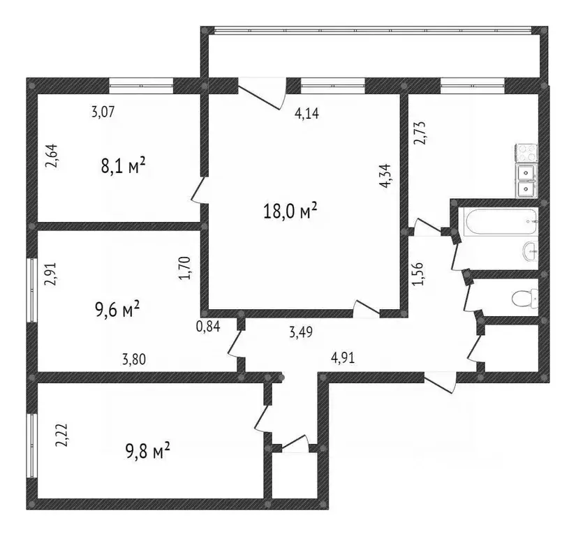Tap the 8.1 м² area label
coord(123,166)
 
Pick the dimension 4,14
coord(308,114)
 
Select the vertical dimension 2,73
coord(420,132)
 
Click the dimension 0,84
coord(207,326)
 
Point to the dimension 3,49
coord(300,332)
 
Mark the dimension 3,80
coord(134,359)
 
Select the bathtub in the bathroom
coord(499,223)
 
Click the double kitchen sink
coord(526,181)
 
